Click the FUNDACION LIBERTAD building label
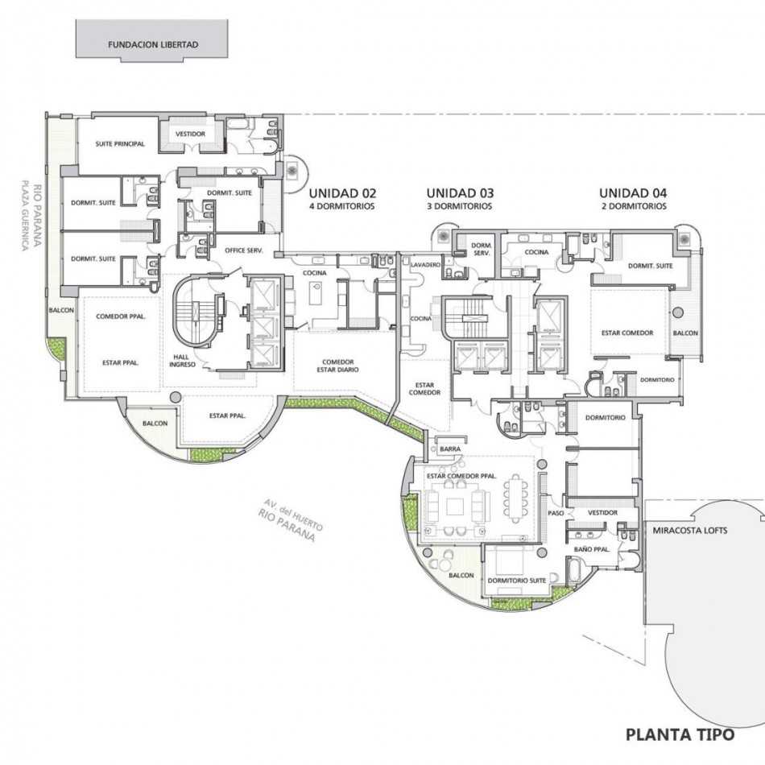coord(153,45)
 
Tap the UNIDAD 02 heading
coord(342,194)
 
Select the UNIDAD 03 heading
coord(460,194)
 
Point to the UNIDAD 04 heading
coord(633,194)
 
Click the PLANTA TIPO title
coord(680,734)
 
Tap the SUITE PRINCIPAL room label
coord(120,144)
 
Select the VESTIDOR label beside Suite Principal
coord(190,134)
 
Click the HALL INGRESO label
coord(182,361)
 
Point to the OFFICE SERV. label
coord(244,250)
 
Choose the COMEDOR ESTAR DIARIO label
coord(337,366)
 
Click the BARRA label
coord(450,449)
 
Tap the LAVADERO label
coord(425,264)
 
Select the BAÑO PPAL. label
coord(592,549)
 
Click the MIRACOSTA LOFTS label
coord(690,531)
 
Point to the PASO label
coord(556,513)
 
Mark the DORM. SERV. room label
coord(482,250)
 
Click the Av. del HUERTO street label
coord(293,515)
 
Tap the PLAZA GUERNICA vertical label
coord(26,216)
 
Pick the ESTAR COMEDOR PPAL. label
coord(461,476)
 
